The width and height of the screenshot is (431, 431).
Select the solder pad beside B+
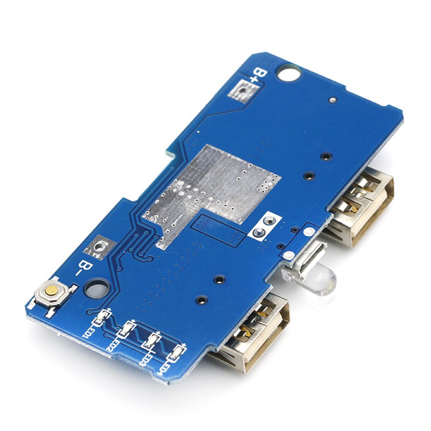click(244, 91)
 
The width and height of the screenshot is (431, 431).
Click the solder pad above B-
click(100, 247)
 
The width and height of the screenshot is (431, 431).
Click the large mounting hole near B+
click(289, 73)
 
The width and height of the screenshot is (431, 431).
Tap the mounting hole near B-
click(96, 289)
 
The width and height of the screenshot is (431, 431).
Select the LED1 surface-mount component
click(102, 317)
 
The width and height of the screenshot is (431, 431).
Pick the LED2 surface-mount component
click(127, 329)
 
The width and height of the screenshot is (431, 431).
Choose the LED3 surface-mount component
click(151, 340)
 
